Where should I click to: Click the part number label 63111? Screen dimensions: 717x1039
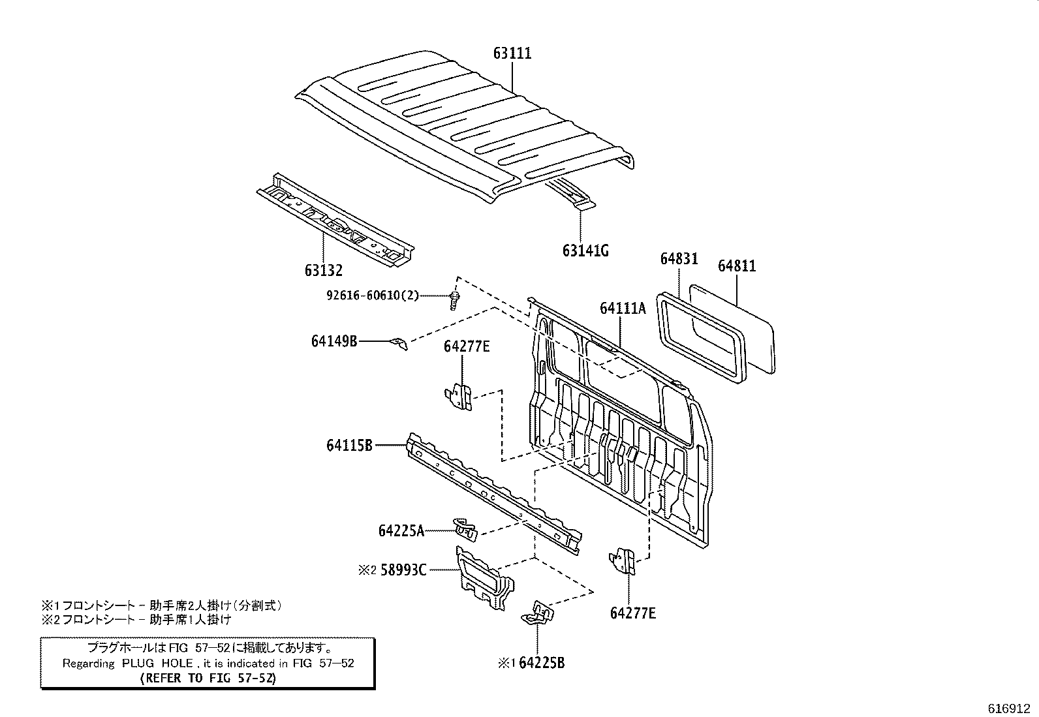point(512,53)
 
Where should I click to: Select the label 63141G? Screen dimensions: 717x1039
point(585,251)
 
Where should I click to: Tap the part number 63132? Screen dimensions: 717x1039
point(323,269)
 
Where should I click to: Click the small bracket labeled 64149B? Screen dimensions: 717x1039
point(399,343)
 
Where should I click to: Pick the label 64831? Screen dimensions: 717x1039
point(679,259)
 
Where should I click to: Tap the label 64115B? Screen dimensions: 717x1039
point(349,446)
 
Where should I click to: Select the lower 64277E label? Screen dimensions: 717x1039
point(633,613)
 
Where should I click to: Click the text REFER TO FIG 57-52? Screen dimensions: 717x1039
point(208,678)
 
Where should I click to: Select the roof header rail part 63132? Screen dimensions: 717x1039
point(336,221)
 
